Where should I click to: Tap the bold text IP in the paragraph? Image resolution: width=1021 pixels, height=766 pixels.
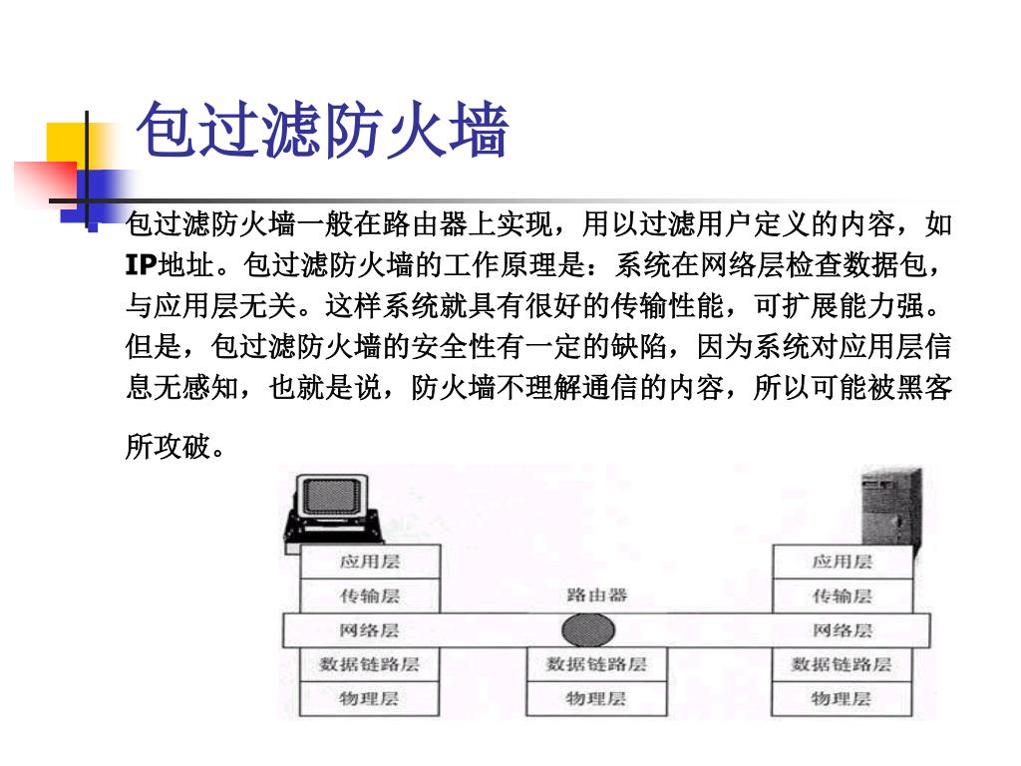click(141, 265)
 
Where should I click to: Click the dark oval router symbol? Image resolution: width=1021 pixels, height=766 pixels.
click(588, 630)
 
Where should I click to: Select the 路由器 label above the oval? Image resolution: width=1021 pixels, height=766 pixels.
click(596, 595)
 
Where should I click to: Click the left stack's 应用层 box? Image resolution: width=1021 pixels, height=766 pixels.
click(369, 562)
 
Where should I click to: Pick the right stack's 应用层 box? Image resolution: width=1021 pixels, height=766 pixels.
click(842, 562)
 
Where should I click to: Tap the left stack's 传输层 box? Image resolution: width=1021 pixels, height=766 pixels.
click(369, 596)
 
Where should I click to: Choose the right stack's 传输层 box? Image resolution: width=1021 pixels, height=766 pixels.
click(842, 596)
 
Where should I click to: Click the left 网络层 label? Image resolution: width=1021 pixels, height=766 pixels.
click(369, 630)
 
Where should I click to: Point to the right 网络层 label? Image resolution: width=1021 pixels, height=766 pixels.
click(842, 630)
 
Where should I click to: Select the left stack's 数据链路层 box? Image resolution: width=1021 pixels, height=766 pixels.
click(369, 664)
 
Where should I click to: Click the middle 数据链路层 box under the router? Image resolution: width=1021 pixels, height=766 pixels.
click(596, 664)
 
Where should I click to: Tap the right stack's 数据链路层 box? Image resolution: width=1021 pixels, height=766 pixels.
click(842, 664)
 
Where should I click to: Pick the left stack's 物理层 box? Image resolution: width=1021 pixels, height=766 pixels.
click(369, 698)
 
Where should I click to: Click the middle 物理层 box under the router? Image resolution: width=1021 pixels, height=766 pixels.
click(596, 698)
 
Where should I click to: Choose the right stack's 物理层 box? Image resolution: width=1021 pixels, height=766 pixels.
click(842, 698)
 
